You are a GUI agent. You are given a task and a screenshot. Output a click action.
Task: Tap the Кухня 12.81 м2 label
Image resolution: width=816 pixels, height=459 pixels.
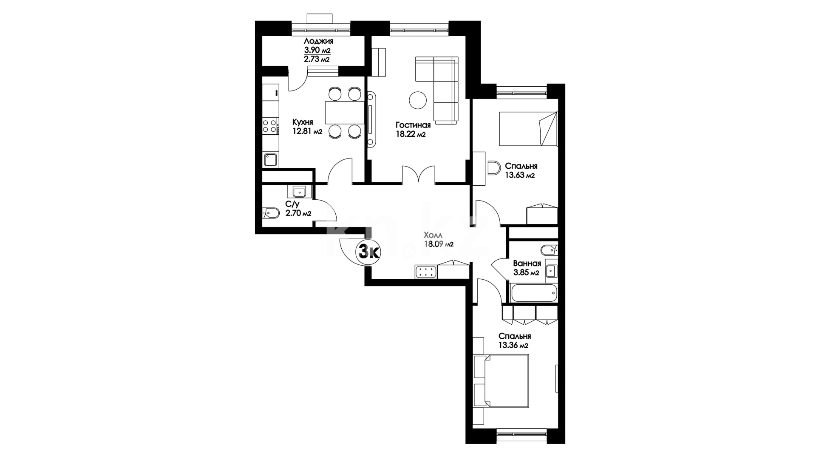click(x=307, y=127)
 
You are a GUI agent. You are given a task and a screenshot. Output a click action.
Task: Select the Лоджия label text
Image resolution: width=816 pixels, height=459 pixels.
click(x=318, y=41)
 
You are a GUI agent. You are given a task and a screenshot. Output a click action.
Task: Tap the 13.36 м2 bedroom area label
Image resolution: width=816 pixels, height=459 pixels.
click(x=513, y=345)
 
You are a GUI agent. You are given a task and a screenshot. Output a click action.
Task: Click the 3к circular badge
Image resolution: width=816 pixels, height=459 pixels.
click(x=368, y=252)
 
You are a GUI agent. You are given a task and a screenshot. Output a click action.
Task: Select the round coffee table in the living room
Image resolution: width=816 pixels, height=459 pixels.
click(x=418, y=100)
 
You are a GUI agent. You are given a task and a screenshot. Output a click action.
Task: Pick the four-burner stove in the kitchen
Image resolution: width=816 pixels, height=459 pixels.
click(x=270, y=126)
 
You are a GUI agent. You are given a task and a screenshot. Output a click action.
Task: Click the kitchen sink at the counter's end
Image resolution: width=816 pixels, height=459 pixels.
click(x=270, y=160)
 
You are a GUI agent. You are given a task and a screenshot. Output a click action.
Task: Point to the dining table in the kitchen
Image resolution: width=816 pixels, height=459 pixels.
click(x=345, y=112)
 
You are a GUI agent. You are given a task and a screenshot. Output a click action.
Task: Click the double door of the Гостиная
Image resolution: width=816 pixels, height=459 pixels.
click(x=419, y=175)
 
